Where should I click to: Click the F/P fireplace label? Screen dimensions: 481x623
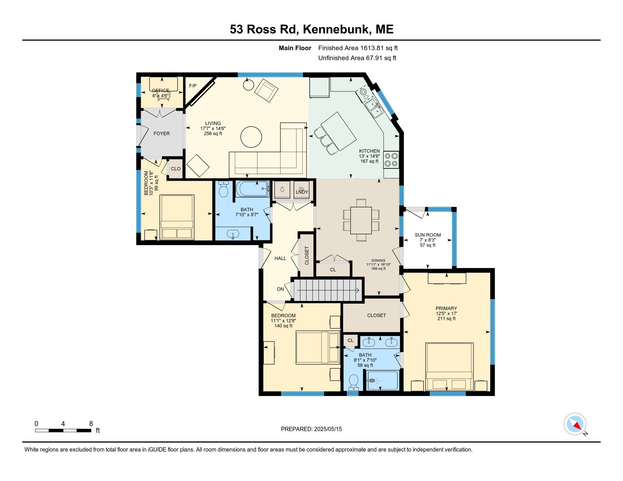193,86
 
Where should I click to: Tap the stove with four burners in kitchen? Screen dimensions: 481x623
391,160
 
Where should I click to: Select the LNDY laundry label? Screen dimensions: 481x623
302,192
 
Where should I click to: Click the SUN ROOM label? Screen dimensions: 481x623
428,235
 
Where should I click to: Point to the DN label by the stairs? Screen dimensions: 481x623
280,289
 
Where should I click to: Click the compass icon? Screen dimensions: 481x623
575,424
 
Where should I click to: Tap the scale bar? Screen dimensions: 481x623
63,430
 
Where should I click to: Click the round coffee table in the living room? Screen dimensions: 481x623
251,137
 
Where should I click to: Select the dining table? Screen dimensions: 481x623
361,220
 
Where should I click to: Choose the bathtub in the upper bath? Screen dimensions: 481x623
252,189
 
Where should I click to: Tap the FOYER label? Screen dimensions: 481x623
161,133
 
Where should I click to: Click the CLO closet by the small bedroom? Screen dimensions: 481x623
176,169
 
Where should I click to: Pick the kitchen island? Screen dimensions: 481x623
339,131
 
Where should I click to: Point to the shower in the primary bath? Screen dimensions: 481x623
382,381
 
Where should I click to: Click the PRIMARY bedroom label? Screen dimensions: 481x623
446,308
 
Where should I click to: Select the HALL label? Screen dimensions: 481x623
280,258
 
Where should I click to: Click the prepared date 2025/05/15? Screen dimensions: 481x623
311,429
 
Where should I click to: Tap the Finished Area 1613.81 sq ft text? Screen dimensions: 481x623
358,48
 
